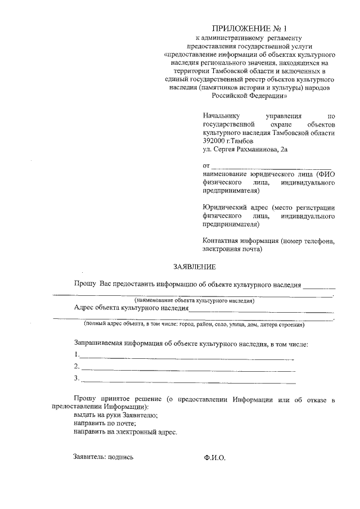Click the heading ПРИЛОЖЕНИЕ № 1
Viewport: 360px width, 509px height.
(249, 28)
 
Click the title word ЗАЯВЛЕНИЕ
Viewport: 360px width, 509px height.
(193, 265)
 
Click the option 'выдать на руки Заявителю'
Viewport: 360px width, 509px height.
(116, 415)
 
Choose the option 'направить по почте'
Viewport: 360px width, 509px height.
(106, 424)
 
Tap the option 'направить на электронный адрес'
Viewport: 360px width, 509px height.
(125, 432)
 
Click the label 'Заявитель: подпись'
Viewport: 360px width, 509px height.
(103, 457)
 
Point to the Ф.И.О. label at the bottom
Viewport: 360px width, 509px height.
(214, 458)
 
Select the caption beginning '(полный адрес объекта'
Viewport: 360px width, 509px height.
(194, 325)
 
